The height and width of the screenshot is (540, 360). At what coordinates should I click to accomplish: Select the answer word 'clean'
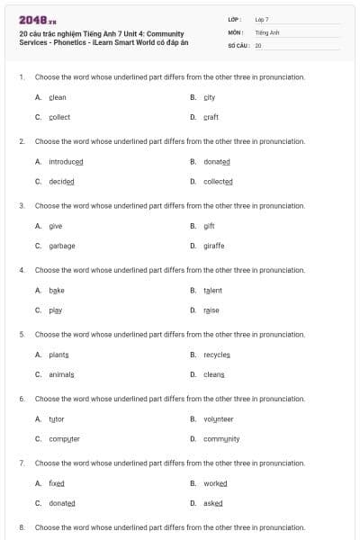pos(58,97)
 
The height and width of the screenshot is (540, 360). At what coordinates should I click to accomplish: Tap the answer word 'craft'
pos(211,117)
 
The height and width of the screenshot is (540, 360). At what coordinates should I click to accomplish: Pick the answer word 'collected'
pos(218,181)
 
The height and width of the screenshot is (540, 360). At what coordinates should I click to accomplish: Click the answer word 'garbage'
pos(62,246)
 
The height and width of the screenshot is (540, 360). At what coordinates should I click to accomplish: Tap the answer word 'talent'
pos(212,290)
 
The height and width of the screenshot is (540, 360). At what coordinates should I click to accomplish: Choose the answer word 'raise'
pos(211,310)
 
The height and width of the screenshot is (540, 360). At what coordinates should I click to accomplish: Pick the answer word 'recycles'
pos(217,355)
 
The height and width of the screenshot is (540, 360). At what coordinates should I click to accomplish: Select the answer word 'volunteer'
pos(219,418)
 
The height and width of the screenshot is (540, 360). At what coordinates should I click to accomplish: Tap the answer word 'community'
pos(221,438)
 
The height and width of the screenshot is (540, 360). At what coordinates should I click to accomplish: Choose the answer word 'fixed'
pos(57,483)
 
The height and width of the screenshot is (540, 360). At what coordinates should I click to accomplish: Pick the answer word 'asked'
pos(213,503)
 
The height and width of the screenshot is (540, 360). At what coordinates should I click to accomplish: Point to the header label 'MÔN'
pos(235,31)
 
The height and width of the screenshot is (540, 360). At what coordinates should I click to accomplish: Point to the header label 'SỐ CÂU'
pos(238,44)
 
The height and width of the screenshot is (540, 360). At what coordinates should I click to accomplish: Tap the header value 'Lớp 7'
pos(262,19)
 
